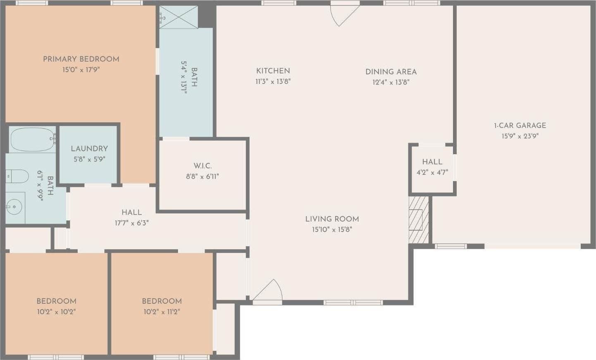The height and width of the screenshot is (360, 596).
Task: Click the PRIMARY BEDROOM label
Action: [x=81, y=59]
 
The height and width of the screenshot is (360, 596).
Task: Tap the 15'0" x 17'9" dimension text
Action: [x=81, y=70]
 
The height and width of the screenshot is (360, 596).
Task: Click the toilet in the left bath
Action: [x=17, y=177]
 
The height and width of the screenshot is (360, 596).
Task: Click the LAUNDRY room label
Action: [x=89, y=148]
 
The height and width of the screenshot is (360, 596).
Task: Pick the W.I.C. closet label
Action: [x=203, y=166]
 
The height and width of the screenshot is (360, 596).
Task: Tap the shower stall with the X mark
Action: [x=178, y=17]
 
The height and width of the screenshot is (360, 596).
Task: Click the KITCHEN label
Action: [x=273, y=71]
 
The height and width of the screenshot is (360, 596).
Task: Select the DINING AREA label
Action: [x=391, y=72]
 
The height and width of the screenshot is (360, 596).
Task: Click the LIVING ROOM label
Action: [x=332, y=219]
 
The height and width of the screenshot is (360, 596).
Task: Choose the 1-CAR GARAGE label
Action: [x=520, y=125]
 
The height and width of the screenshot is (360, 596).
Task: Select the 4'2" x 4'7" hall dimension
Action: [x=432, y=172]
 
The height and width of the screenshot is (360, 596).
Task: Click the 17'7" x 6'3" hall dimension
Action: [x=132, y=223]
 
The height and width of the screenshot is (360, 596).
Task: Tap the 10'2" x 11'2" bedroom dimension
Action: [x=162, y=312]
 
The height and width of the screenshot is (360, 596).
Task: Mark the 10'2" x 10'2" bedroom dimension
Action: [x=56, y=312]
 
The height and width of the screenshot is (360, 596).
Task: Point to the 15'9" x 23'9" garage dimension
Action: [x=520, y=136]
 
